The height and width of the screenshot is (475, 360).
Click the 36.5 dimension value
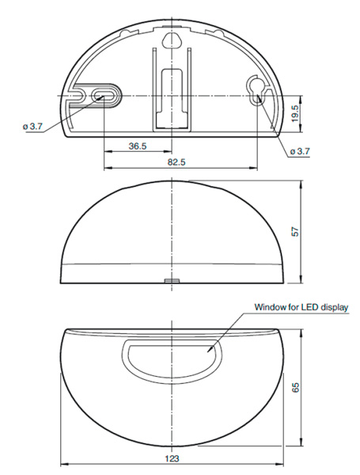tap(137, 146)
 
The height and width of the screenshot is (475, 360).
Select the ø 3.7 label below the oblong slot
tap(33, 126)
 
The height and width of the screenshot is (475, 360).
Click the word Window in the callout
tap(270, 306)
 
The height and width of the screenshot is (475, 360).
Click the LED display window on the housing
tap(172, 355)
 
